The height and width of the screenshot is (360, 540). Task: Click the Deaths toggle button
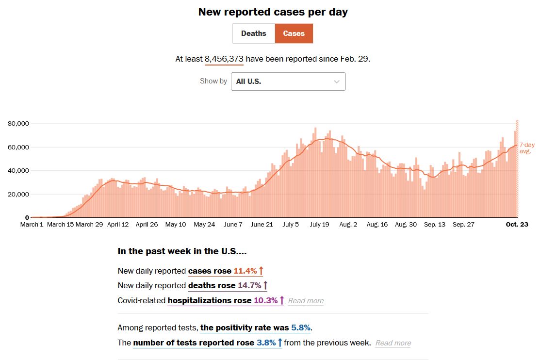[254, 33]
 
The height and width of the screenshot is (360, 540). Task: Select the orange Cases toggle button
[294, 33]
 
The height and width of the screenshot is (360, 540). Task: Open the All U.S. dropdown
[288, 82]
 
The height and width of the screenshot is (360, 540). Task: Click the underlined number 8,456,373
[224, 59]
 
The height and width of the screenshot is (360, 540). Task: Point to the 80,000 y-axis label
[19, 124]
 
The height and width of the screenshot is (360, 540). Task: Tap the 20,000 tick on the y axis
[19, 194]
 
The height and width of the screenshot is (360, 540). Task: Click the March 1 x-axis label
[32, 225]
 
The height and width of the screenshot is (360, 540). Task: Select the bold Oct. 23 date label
[517, 225]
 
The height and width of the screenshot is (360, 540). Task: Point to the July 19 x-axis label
[319, 225]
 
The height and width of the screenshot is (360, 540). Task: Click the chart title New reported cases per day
[273, 12]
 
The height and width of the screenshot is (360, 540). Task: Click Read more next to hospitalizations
[306, 301]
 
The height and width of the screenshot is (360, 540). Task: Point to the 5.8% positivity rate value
[300, 327]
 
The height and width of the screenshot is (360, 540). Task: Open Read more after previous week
[393, 343]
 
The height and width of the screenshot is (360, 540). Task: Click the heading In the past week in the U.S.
[182, 251]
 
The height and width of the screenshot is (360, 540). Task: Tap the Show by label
[213, 81]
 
